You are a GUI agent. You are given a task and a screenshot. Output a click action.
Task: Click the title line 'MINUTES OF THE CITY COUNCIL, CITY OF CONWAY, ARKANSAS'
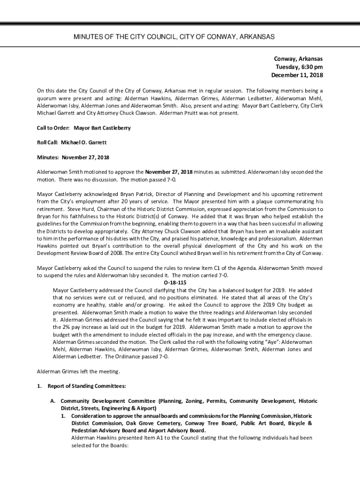(x=180, y=36)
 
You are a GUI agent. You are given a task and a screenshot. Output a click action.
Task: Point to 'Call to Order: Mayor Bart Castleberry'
(x=84, y=128)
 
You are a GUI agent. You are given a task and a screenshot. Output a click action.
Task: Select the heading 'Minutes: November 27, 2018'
(x=73, y=157)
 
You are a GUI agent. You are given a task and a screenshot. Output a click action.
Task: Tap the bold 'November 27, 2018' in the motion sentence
(x=168, y=172)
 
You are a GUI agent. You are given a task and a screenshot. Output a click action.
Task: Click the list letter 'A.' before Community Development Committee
(x=54, y=401)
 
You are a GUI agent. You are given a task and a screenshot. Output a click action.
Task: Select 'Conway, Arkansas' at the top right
(x=298, y=59)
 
